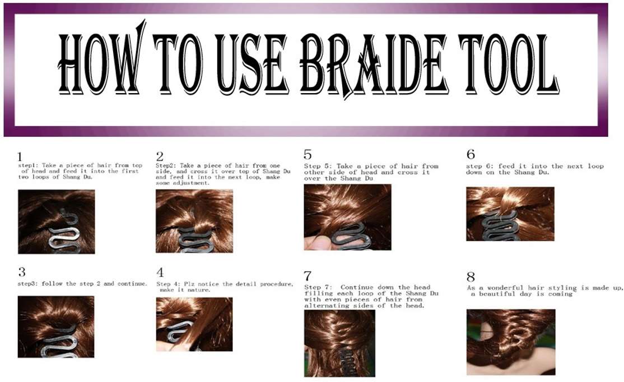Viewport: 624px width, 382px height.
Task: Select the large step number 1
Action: coord(20,157)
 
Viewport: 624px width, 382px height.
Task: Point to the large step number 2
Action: coord(160,157)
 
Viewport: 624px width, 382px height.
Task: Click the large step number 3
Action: coord(21,273)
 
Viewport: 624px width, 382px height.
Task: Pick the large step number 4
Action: coord(160,273)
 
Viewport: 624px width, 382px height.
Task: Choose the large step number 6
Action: coord(471,154)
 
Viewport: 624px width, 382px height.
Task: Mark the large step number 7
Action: coord(308,276)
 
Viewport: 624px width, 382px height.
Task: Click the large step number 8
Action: coord(471,277)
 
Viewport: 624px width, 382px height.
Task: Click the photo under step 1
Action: coord(56,222)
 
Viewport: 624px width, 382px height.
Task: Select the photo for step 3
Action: coord(56,326)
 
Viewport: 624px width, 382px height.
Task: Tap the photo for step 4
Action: coord(194,324)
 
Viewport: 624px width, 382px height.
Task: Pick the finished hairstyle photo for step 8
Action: coord(510,342)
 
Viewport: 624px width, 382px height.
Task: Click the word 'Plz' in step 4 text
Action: coord(200,284)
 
